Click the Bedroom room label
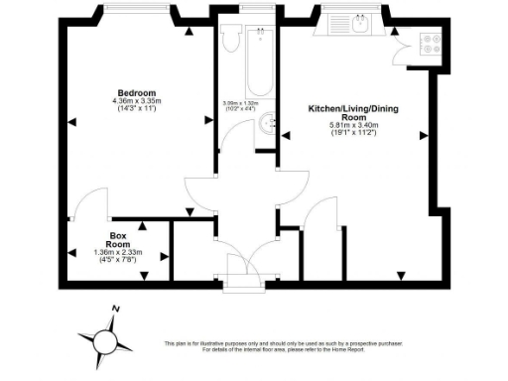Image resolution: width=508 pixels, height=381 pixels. click(133, 92)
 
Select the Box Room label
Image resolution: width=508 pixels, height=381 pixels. click(118, 240)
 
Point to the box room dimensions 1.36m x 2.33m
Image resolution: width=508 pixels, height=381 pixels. click(118, 252)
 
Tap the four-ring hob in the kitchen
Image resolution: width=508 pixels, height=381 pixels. click(433, 44)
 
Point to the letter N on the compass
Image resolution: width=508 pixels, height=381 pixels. click(116, 311)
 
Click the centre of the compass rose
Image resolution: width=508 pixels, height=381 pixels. click(102, 342)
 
